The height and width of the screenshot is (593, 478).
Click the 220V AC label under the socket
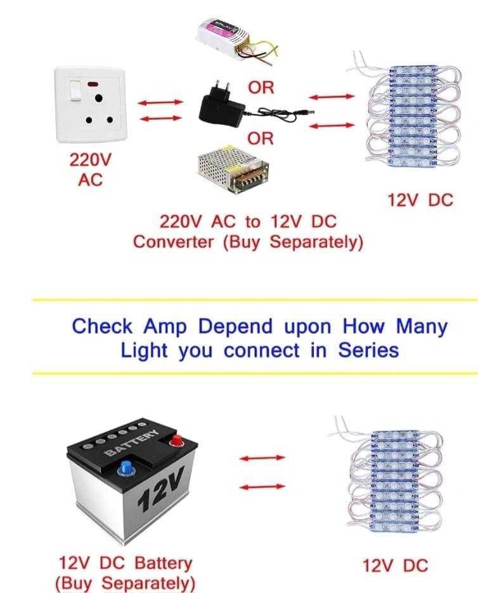[89, 169]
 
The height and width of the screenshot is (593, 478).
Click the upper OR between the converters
[261, 87]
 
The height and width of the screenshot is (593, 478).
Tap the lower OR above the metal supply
[261, 138]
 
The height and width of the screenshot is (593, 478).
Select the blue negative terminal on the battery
[125, 469]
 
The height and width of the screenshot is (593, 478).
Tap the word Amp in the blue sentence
[167, 327]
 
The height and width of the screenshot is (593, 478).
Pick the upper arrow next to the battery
[262, 458]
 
